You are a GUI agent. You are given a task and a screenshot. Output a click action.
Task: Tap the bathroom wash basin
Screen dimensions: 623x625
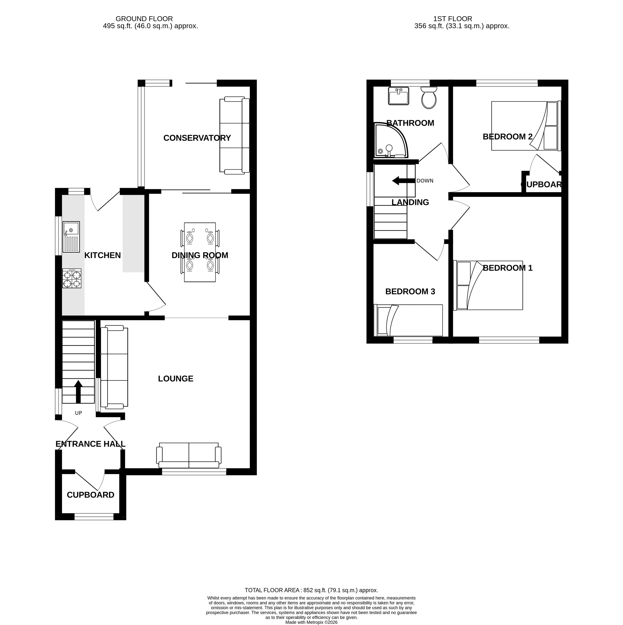[x=398, y=96]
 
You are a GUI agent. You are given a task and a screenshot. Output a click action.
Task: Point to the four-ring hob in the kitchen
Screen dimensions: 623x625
[x=72, y=278]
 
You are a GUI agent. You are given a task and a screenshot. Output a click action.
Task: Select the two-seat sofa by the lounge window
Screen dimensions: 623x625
[x=189, y=455]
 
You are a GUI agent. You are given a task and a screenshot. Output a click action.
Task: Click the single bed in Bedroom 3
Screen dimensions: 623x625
[x=408, y=320]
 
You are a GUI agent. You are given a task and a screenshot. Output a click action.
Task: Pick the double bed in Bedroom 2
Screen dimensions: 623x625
[x=526, y=126]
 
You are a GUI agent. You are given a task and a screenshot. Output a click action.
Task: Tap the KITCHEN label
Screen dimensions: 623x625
[x=103, y=255]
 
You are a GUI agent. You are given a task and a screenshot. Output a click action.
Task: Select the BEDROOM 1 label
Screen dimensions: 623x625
[x=508, y=268]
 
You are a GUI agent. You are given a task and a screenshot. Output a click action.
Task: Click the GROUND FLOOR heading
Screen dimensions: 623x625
[x=144, y=19]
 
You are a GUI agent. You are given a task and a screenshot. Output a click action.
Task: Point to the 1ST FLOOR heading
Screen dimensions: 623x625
[x=452, y=19]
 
